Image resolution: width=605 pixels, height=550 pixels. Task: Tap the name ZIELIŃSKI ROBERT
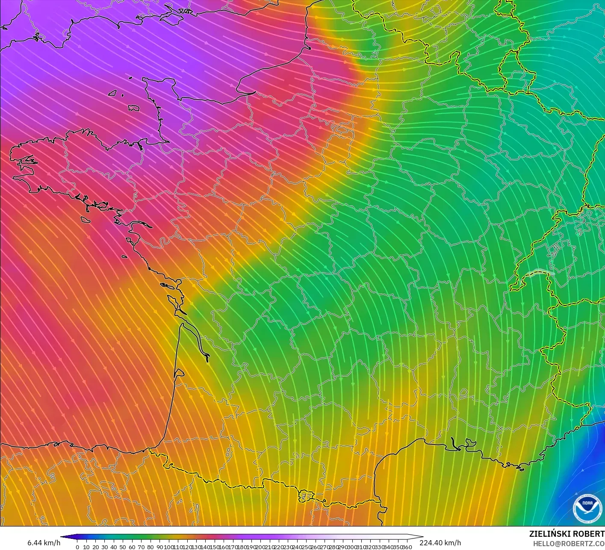point(567,534)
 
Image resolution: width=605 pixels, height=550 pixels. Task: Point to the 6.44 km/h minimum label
point(44,543)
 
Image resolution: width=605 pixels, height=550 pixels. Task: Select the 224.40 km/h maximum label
point(440,543)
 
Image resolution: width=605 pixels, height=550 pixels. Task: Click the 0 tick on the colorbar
point(77,547)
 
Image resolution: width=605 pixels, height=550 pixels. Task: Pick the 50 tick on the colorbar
point(123,547)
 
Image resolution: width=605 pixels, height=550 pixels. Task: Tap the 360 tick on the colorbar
point(407,547)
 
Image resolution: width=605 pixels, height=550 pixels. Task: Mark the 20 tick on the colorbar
point(95,547)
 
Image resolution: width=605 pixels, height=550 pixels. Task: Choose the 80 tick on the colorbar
point(151,547)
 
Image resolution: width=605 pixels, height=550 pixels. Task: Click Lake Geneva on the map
point(541,273)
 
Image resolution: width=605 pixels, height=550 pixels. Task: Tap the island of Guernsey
point(113,92)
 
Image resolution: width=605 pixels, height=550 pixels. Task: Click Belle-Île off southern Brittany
point(85,219)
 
